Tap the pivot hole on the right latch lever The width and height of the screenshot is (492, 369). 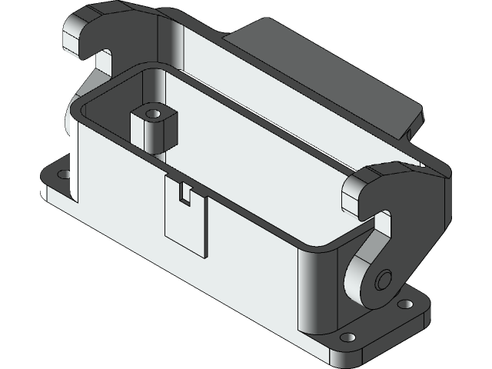pyautogui.click(x=385, y=278)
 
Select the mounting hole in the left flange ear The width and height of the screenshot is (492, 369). pyautogui.click(x=64, y=175)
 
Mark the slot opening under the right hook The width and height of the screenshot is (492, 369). pyautogui.click(x=382, y=224)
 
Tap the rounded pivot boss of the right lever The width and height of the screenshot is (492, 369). pyautogui.click(x=369, y=281)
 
